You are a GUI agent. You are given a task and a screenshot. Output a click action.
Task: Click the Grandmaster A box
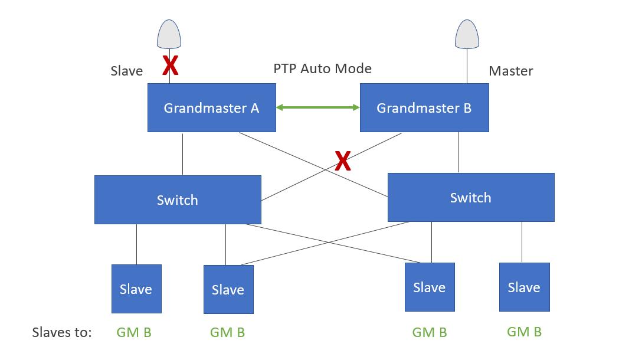(211, 107)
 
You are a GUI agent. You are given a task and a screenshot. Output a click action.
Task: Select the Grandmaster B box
(424, 107)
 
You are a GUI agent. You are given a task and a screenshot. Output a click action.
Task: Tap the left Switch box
(178, 199)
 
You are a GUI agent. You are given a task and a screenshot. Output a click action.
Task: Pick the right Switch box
(470, 197)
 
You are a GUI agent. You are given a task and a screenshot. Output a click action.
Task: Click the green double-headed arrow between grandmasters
(318, 107)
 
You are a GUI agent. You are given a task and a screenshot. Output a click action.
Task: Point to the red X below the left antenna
(171, 66)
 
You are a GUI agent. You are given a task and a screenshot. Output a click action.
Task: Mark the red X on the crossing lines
(343, 161)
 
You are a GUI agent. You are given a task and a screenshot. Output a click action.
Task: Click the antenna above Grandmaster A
(169, 34)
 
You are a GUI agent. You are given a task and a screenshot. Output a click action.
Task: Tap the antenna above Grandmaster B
(467, 34)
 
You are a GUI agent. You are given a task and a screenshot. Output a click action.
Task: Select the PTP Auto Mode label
(322, 68)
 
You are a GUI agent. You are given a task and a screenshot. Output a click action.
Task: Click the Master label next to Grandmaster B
(510, 71)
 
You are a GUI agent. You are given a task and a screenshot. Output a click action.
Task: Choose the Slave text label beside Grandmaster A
(126, 71)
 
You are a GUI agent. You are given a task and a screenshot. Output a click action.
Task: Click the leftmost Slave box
(136, 289)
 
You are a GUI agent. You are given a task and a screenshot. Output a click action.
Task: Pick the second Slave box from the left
(228, 289)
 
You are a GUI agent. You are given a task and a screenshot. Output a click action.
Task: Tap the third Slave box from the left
(429, 287)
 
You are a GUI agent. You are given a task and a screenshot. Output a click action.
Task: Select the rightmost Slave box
(524, 287)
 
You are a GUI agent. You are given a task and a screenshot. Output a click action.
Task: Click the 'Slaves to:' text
(62, 332)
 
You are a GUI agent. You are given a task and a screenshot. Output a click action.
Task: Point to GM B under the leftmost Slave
(134, 332)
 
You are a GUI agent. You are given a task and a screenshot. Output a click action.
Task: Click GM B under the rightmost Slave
(524, 332)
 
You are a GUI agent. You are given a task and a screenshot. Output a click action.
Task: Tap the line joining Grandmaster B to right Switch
(458, 152)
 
